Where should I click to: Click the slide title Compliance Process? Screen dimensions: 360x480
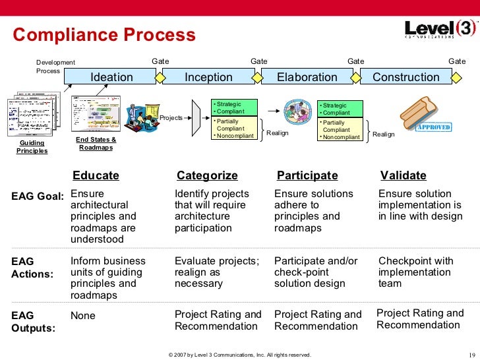click(x=105, y=35)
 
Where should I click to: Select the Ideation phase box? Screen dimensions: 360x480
click(x=111, y=77)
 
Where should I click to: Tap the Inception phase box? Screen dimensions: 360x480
click(x=208, y=77)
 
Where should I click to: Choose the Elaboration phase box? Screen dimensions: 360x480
click(x=307, y=77)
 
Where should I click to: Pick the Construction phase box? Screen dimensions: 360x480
click(x=405, y=77)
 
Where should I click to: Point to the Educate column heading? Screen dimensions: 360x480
click(x=96, y=175)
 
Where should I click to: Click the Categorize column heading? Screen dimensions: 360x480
click(x=207, y=175)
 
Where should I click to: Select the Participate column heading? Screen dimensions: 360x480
click(x=307, y=175)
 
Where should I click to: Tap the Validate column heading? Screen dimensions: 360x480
click(x=404, y=175)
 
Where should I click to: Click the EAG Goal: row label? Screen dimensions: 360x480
click(x=38, y=196)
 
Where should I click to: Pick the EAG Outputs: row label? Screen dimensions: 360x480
click(x=33, y=322)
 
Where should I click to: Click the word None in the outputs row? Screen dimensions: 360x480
click(x=83, y=316)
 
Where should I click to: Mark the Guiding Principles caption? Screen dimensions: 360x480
click(x=32, y=146)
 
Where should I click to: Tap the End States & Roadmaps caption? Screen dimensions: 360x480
click(x=96, y=144)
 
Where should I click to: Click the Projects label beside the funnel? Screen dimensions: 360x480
click(x=171, y=118)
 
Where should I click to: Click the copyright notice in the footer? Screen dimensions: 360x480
click(x=239, y=355)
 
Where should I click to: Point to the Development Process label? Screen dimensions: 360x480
click(x=55, y=67)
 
